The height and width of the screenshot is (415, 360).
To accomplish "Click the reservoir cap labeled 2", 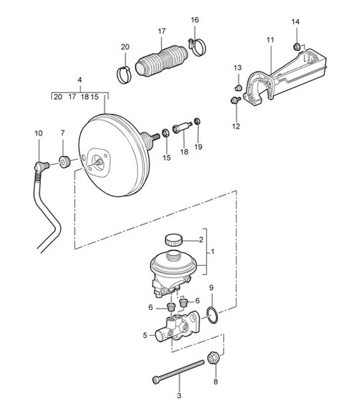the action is (174, 240).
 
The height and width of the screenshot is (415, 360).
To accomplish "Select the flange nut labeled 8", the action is (213, 358).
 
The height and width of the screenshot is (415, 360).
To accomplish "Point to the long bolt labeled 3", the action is (178, 372).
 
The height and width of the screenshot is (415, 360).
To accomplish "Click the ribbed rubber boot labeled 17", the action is (161, 61).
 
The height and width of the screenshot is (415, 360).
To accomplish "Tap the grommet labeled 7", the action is (64, 162).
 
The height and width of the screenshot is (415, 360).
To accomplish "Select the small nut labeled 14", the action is (296, 47).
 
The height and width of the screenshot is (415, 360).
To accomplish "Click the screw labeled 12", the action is (235, 100).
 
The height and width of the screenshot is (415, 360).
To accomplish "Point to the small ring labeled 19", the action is (197, 121).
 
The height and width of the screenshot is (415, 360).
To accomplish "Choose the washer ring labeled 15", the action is (165, 132).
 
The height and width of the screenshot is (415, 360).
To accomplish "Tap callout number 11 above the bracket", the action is (270, 40).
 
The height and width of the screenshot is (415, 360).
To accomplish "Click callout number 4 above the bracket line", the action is (80, 80).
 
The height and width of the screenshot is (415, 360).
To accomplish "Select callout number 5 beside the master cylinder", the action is (145, 335).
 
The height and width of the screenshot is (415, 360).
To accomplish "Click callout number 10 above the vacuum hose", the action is (38, 133).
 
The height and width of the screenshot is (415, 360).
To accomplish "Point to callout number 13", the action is (238, 68).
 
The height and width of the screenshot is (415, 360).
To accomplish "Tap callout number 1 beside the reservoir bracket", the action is (213, 252).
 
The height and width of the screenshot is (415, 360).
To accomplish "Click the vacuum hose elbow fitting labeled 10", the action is (40, 167).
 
